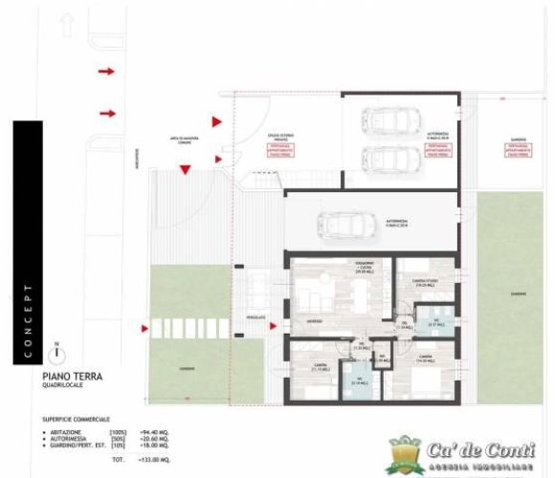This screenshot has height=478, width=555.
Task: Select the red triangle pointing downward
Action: click(x=185, y=169)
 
